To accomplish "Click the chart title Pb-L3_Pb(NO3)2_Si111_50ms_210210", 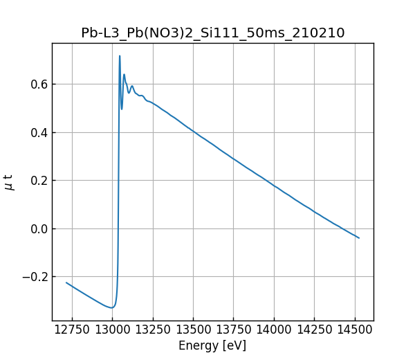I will [x=212, y=33].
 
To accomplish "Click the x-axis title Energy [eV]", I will [x=212, y=345].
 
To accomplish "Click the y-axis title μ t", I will [x=9, y=182].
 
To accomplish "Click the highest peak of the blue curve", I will [x=120, y=56].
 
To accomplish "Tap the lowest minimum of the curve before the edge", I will [x=111, y=307].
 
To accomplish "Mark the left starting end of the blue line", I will [x=66, y=282].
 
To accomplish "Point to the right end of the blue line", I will [x=359, y=238].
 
